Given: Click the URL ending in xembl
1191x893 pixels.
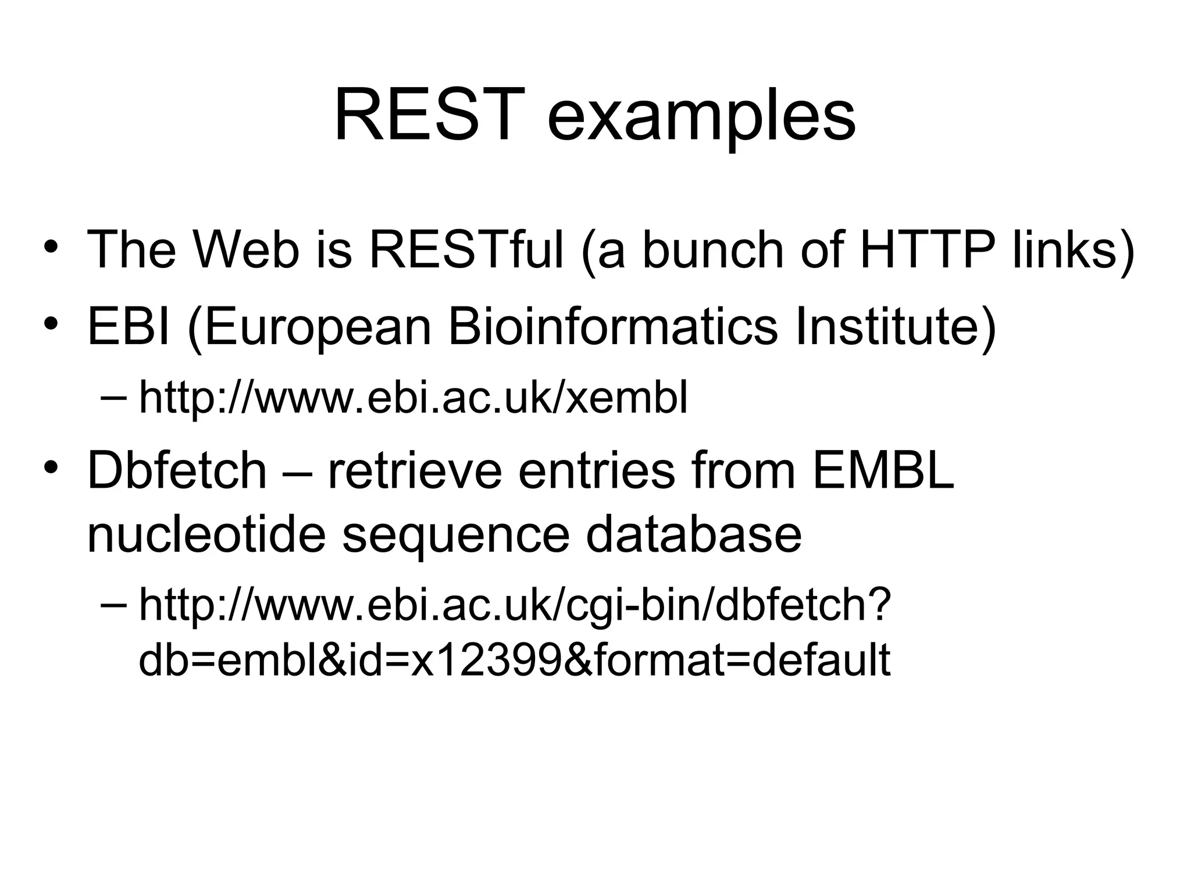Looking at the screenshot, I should tap(413, 398).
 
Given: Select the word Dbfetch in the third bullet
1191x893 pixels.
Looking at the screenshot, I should tap(177, 470).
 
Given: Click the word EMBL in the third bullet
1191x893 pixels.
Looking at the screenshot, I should tap(883, 470).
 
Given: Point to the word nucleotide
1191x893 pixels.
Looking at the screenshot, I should tap(206, 534).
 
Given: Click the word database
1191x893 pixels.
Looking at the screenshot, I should tap(693, 534).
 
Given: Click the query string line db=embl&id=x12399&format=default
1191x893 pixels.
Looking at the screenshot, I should tap(515, 660).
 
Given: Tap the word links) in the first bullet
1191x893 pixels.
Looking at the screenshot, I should tap(1073, 250).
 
